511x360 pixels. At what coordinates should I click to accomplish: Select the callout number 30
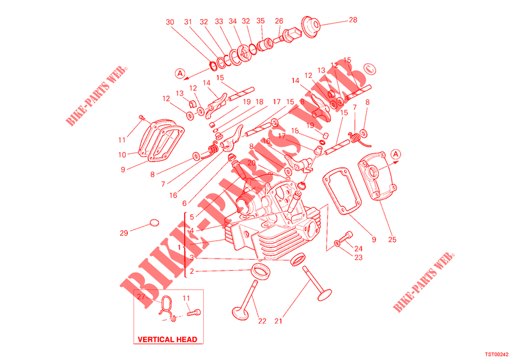coord(170,22)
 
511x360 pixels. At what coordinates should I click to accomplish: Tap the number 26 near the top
coord(279,21)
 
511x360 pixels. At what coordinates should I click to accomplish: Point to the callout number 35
coord(260,21)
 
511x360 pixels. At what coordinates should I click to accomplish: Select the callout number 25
coord(392,240)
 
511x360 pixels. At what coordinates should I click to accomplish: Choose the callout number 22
coord(262,321)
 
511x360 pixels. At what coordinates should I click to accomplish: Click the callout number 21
coord(279,321)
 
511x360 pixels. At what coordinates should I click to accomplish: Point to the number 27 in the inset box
coord(141,296)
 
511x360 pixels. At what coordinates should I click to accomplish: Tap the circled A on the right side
coord(395,154)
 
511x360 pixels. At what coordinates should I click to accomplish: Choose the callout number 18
coord(259,102)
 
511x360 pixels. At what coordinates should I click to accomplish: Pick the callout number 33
coord(219,21)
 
